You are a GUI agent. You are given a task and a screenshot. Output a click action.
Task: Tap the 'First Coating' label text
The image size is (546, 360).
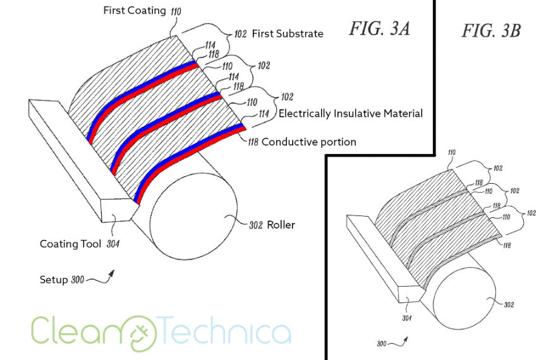[133, 11]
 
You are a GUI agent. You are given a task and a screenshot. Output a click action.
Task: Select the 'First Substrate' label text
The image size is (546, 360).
[288, 33]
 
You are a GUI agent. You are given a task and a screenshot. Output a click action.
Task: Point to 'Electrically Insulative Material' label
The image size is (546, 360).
[351, 114]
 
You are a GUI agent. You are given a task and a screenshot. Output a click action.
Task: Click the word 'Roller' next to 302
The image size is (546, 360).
[281, 224]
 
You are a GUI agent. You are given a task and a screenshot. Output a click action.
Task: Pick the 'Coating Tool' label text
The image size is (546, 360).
[70, 244]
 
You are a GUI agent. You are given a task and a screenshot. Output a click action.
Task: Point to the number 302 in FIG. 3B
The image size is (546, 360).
[509, 304]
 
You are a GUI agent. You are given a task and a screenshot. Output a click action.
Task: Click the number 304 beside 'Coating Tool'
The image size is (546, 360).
[111, 244]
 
